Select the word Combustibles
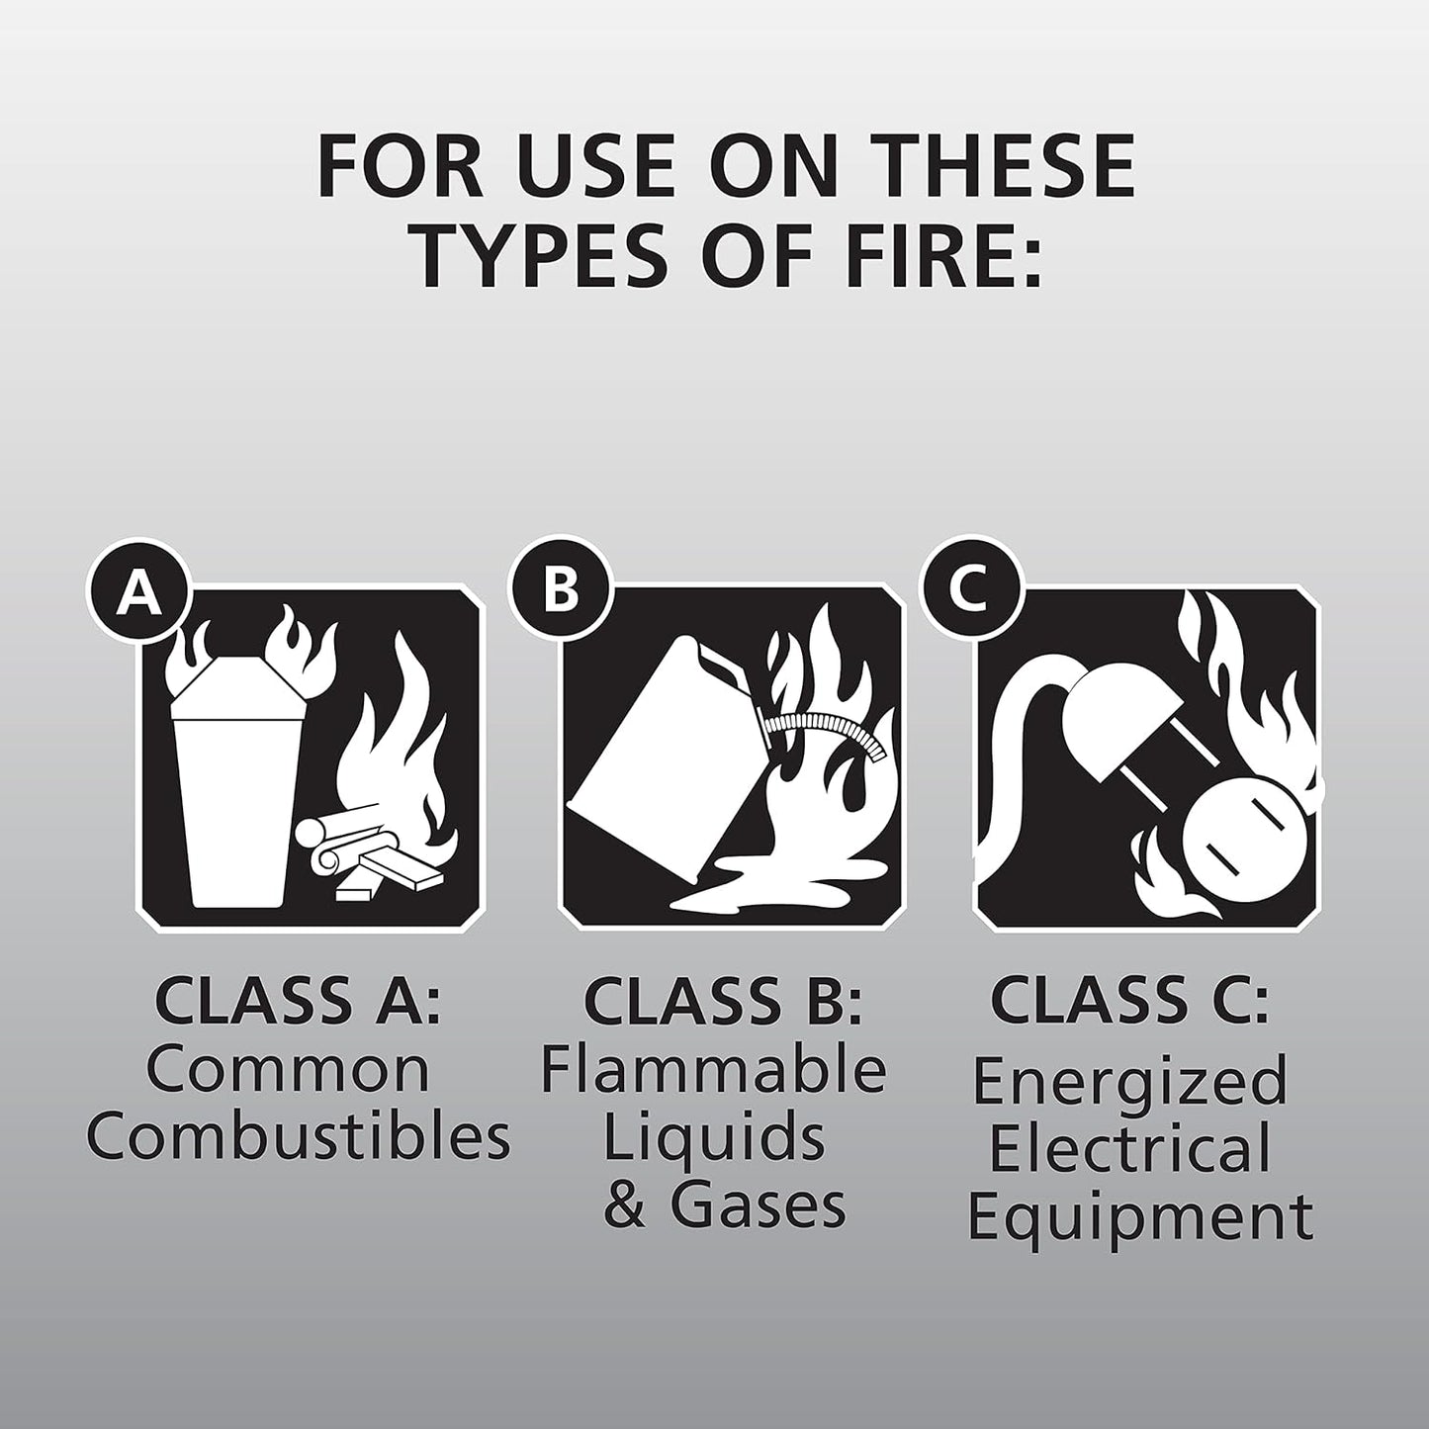tap(297, 1137)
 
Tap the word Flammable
tap(712, 1070)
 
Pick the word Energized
tap(1129, 1080)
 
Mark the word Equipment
tap(1139, 1217)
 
